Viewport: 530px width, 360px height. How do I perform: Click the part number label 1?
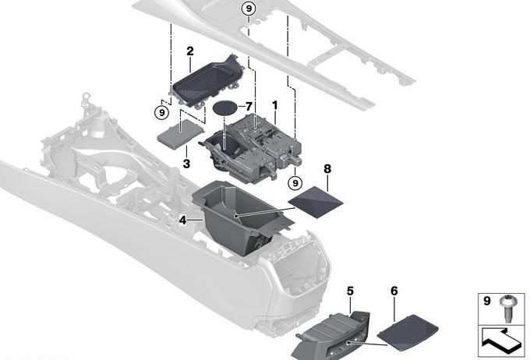coord(275,105)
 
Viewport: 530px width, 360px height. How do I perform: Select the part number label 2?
coord(190,51)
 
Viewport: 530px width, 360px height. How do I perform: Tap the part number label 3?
coord(186,164)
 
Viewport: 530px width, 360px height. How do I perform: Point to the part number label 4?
coord(182,221)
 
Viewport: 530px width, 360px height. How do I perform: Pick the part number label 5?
coord(350,291)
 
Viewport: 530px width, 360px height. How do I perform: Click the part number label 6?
coord(394,291)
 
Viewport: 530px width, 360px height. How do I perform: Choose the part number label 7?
coord(249,107)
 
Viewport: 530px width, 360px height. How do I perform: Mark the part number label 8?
coord(327,168)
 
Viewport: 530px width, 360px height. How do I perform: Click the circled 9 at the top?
coord(249,9)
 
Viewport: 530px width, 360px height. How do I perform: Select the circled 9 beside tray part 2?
coord(162,112)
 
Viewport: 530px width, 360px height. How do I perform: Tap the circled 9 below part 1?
coord(295,183)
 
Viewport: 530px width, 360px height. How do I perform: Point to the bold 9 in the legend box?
coord(487,301)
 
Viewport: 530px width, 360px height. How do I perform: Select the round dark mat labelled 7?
coord(225,108)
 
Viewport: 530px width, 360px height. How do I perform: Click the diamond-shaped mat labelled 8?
coord(316,202)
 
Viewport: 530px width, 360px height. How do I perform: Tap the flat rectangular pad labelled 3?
coord(181,134)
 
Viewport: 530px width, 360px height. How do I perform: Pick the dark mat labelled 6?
coord(408,332)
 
